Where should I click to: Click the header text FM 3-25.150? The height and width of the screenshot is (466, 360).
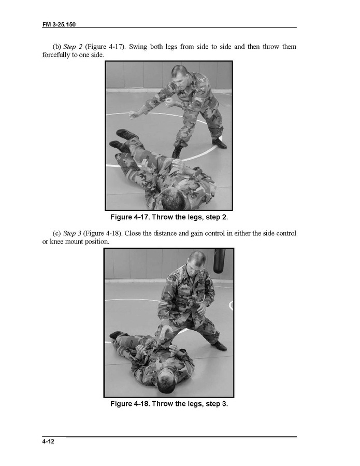point(59,24)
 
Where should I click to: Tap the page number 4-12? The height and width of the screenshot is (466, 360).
point(48,441)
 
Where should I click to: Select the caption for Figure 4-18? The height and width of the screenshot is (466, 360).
point(169,404)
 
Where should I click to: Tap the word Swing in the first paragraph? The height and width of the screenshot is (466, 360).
point(138,47)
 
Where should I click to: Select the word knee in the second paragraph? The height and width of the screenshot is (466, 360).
point(56,242)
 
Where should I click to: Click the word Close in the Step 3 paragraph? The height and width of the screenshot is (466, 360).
point(133,233)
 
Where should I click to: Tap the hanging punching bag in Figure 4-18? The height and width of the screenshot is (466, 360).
point(219,261)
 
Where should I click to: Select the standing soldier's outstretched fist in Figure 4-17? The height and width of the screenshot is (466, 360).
point(133,115)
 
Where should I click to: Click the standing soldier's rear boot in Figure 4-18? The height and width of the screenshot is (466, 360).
point(220,345)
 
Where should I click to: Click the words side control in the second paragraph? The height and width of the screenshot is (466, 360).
point(274,233)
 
